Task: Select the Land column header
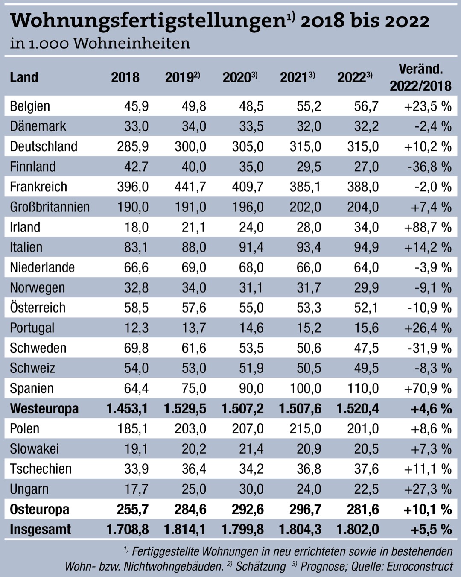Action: click(x=24, y=77)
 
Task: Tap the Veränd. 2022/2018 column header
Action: click(x=420, y=77)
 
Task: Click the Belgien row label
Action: click(x=30, y=106)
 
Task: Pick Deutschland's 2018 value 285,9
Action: click(x=133, y=146)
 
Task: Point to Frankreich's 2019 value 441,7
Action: click(x=190, y=187)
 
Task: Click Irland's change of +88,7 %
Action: click(x=428, y=227)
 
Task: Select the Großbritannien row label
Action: click(x=50, y=207)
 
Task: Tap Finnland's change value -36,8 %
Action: click(x=429, y=167)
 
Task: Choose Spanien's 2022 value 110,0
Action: click(x=363, y=388)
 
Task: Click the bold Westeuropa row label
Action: click(x=44, y=409)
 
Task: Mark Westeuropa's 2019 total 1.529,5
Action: click(x=185, y=409)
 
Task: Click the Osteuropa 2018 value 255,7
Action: click(x=133, y=509)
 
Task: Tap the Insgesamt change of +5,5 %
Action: click(x=431, y=530)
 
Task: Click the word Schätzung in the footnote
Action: click(x=260, y=566)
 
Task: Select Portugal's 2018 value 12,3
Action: click(x=136, y=328)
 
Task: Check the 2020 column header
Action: click(x=239, y=77)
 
